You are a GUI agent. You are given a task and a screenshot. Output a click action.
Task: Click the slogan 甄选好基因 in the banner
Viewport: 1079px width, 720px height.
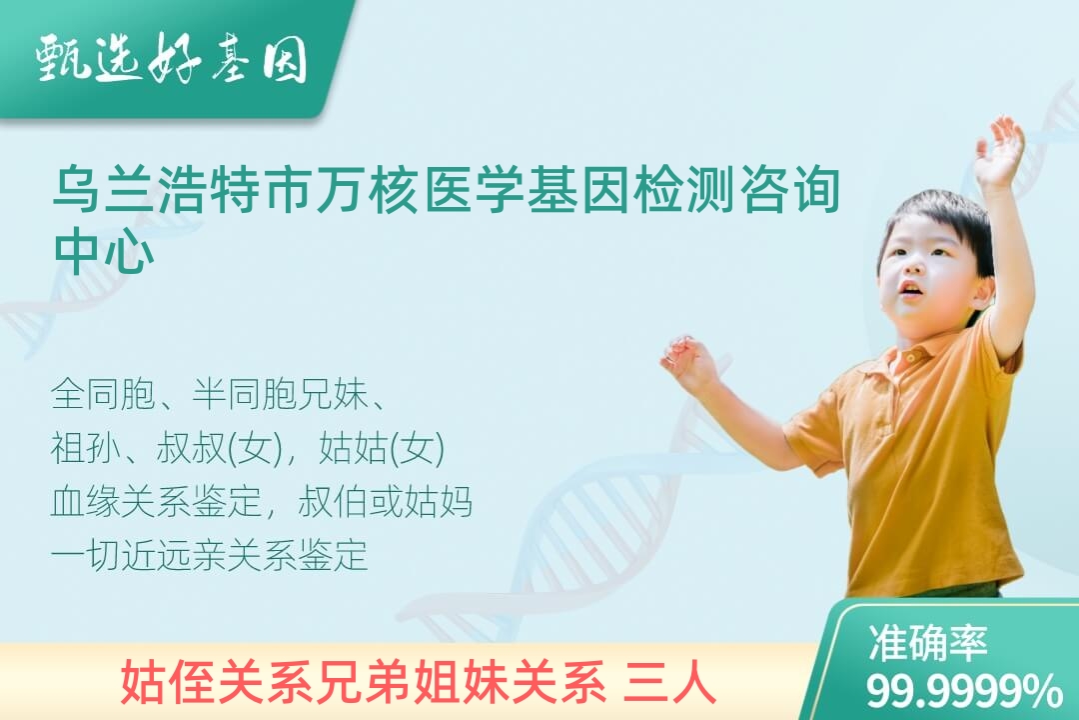click(172, 59)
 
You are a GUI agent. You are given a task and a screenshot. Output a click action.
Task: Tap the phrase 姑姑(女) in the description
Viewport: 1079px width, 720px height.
click(382, 448)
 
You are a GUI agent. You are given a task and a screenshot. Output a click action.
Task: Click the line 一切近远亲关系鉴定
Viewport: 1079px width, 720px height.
click(209, 555)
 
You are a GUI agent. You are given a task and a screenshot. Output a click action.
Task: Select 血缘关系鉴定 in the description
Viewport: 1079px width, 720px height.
click(156, 501)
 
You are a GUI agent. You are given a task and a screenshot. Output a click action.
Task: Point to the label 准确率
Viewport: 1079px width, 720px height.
click(927, 642)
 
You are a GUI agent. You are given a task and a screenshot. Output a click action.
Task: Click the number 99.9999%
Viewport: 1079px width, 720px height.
click(964, 691)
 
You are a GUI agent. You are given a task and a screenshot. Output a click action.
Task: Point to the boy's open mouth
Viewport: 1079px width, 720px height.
click(910, 289)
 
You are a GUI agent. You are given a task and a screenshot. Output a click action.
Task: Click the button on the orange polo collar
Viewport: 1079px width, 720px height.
click(909, 357)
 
